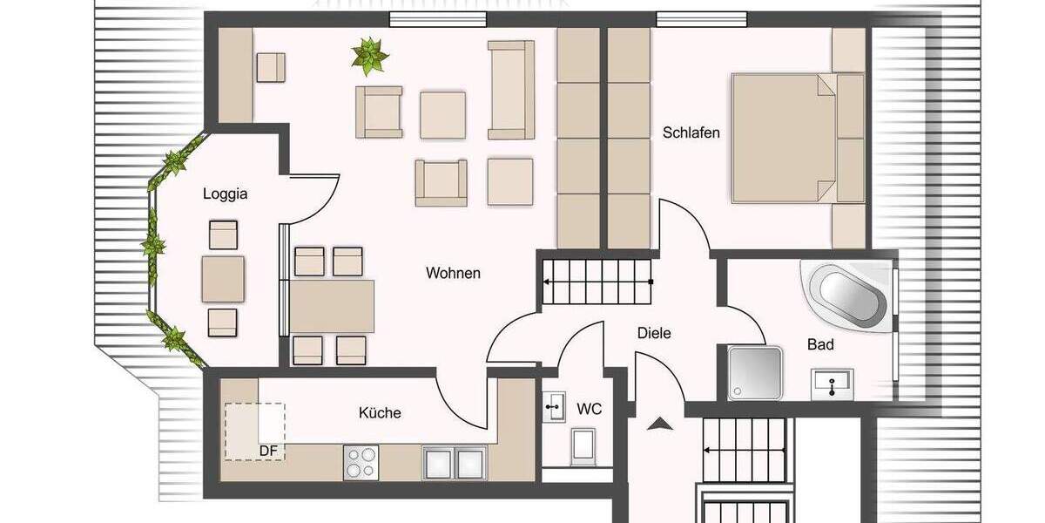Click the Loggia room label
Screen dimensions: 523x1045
tap(225, 194)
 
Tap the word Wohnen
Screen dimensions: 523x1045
tap(453, 274)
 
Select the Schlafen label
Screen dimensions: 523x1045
tap(691, 133)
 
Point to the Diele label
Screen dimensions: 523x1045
tap(654, 333)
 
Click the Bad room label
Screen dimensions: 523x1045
tap(819, 345)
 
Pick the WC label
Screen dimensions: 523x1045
tap(590, 408)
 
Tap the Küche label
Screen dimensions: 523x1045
tap(380, 412)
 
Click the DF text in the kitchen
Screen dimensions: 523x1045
tap(268, 451)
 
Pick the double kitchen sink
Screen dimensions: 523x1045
tap(454, 462)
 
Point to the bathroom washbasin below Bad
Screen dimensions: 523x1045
tap(833, 384)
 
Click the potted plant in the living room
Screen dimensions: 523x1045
tap(370, 56)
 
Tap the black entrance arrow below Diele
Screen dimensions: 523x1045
tap(661, 425)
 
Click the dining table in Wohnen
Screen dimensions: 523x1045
tap(332, 306)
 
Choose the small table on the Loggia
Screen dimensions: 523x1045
tap(223, 278)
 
